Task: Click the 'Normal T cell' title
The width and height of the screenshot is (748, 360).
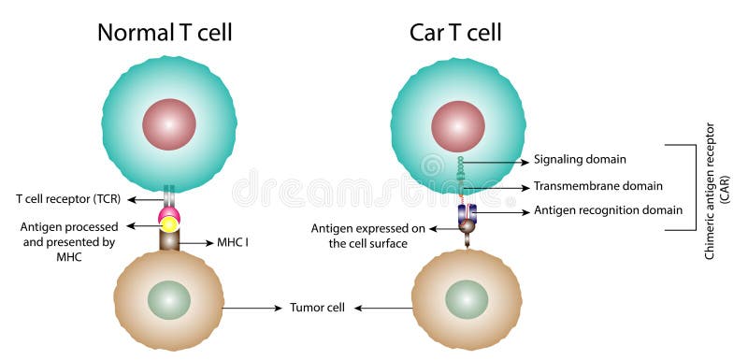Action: click(165, 33)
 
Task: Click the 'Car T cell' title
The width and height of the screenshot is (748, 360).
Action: click(455, 33)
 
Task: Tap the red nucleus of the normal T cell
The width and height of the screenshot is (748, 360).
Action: click(169, 124)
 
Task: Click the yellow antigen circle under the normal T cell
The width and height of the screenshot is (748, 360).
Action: click(169, 224)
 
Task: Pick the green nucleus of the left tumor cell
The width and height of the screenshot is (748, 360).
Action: click(169, 300)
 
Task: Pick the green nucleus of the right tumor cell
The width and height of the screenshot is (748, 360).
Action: click(466, 299)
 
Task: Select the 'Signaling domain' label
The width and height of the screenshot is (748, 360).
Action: click(580, 160)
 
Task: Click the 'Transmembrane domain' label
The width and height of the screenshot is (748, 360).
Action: click(597, 186)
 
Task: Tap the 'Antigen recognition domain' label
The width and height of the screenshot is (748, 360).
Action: click(608, 211)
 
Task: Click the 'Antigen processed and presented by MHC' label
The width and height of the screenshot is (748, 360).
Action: click(67, 241)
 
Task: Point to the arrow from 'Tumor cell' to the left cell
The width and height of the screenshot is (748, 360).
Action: click(252, 308)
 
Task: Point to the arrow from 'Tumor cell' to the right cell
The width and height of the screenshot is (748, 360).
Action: click(383, 308)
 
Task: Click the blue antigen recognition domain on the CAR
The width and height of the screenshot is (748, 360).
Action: click(466, 213)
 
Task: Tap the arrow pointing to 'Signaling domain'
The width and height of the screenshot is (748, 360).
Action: click(496, 161)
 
